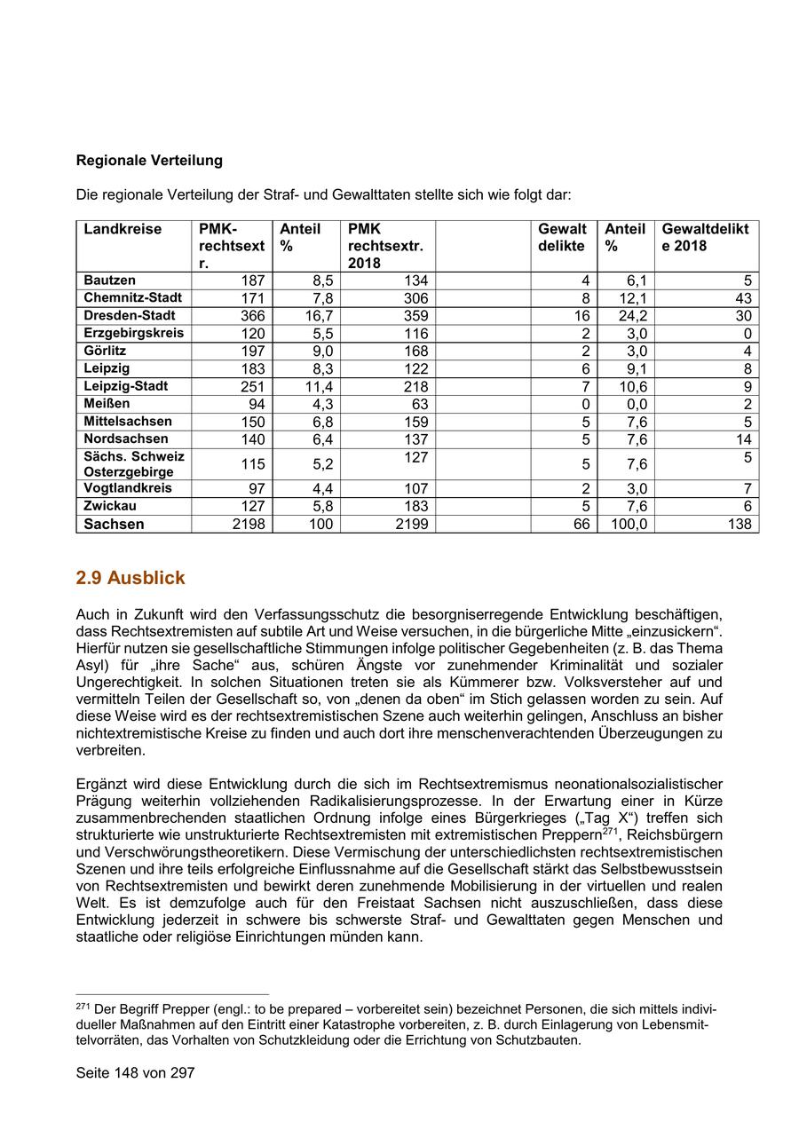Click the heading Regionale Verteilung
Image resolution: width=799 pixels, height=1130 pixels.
tap(149, 161)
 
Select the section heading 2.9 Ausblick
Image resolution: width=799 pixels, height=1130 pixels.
tap(131, 578)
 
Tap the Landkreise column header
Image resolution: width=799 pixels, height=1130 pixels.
tap(123, 229)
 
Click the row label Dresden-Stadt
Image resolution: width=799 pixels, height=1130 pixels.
tap(130, 315)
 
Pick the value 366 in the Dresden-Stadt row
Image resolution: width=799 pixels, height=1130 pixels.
tap(253, 316)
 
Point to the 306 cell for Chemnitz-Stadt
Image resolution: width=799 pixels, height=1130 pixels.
tap(415, 298)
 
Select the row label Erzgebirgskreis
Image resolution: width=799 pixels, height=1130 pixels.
tap(134, 333)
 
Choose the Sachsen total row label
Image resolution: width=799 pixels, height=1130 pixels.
tap(114, 524)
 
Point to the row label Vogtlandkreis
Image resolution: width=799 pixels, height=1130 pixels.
tap(128, 488)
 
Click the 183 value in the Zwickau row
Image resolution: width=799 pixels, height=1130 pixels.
tap(415, 506)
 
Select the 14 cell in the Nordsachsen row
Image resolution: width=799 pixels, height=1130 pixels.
tap(743, 439)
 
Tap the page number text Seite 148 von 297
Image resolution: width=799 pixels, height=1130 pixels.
tap(135, 1072)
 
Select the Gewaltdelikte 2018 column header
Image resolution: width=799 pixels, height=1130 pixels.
tap(705, 237)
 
